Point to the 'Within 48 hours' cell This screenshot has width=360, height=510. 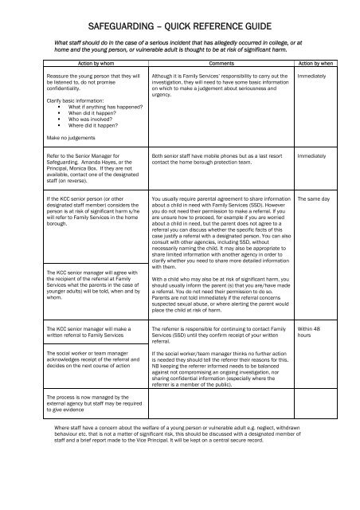click(311, 330)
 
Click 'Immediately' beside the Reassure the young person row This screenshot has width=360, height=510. click(313, 76)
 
